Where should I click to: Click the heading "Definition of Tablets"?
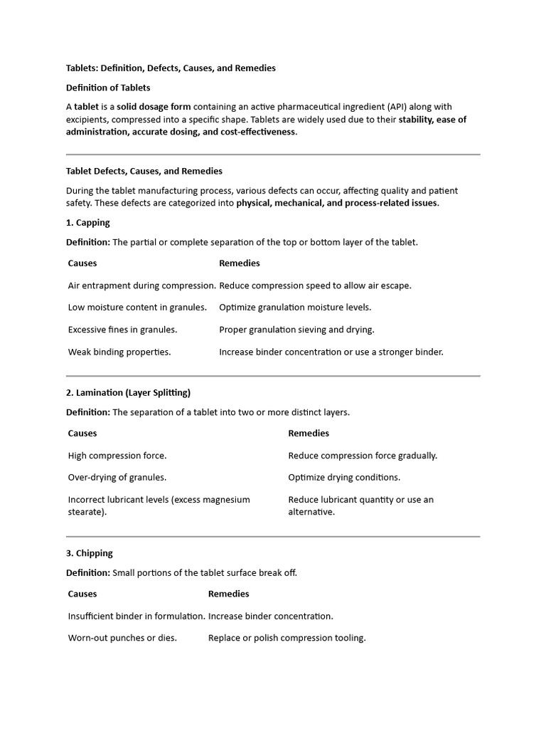coord(108,88)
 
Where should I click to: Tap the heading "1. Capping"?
coord(88,222)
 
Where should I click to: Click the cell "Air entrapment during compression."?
coord(141,285)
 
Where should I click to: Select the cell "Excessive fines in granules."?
coord(122,330)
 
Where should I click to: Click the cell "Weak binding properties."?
coord(119,352)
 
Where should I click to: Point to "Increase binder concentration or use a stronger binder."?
coord(331,352)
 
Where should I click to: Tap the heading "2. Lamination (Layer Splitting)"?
coord(128,392)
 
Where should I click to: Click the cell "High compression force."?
coord(117,456)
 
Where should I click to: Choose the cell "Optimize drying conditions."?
coord(344,478)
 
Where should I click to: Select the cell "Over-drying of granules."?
coord(117,478)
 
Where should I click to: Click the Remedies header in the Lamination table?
coord(309,433)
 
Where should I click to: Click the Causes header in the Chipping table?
coord(82,594)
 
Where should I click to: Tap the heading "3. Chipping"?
coord(90,553)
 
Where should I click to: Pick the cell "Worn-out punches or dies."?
coord(122,638)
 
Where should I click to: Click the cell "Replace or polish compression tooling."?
coord(287,638)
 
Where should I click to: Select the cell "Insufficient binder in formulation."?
coord(136,616)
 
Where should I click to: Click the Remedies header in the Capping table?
coord(240,263)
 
